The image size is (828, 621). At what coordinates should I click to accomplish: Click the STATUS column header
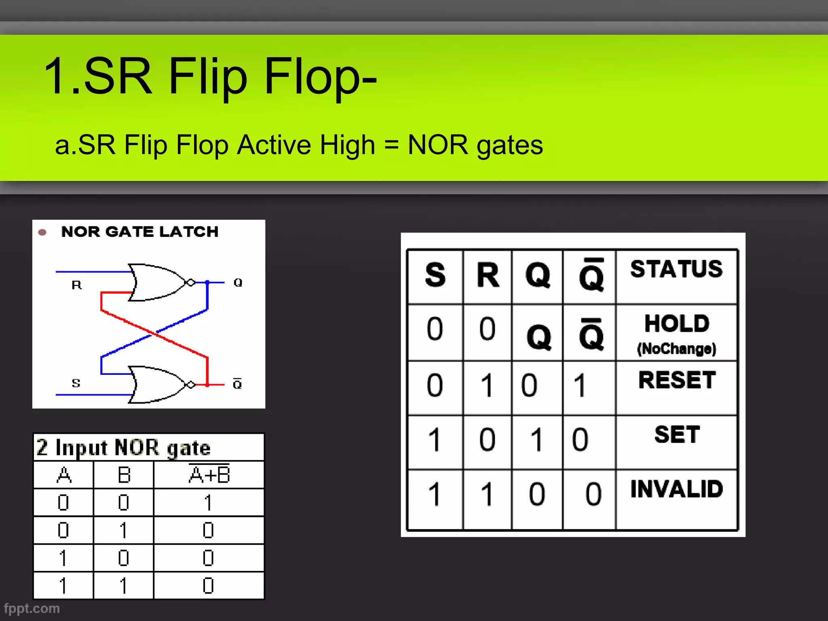[676, 269]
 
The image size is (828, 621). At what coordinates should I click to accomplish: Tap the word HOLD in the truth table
[677, 324]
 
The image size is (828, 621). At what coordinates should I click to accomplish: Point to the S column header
[435, 276]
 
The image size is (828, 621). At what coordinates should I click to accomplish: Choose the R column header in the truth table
[488, 276]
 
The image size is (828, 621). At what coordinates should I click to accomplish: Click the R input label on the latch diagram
[76, 285]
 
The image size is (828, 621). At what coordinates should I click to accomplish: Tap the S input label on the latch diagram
[76, 383]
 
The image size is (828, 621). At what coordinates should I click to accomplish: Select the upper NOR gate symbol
[158, 283]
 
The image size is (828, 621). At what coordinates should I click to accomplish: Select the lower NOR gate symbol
[158, 384]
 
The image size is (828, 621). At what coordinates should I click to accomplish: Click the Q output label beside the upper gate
[238, 283]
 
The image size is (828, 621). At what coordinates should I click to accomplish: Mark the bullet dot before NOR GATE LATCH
[42, 232]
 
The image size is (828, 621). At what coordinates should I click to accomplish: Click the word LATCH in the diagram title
[189, 232]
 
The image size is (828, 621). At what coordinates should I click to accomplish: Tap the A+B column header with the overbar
[209, 474]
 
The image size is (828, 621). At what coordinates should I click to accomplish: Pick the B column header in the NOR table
[124, 475]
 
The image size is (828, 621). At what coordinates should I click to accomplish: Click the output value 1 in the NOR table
[208, 503]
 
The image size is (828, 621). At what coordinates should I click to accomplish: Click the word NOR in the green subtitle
[437, 145]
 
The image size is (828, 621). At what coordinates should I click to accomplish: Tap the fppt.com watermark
[32, 608]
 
